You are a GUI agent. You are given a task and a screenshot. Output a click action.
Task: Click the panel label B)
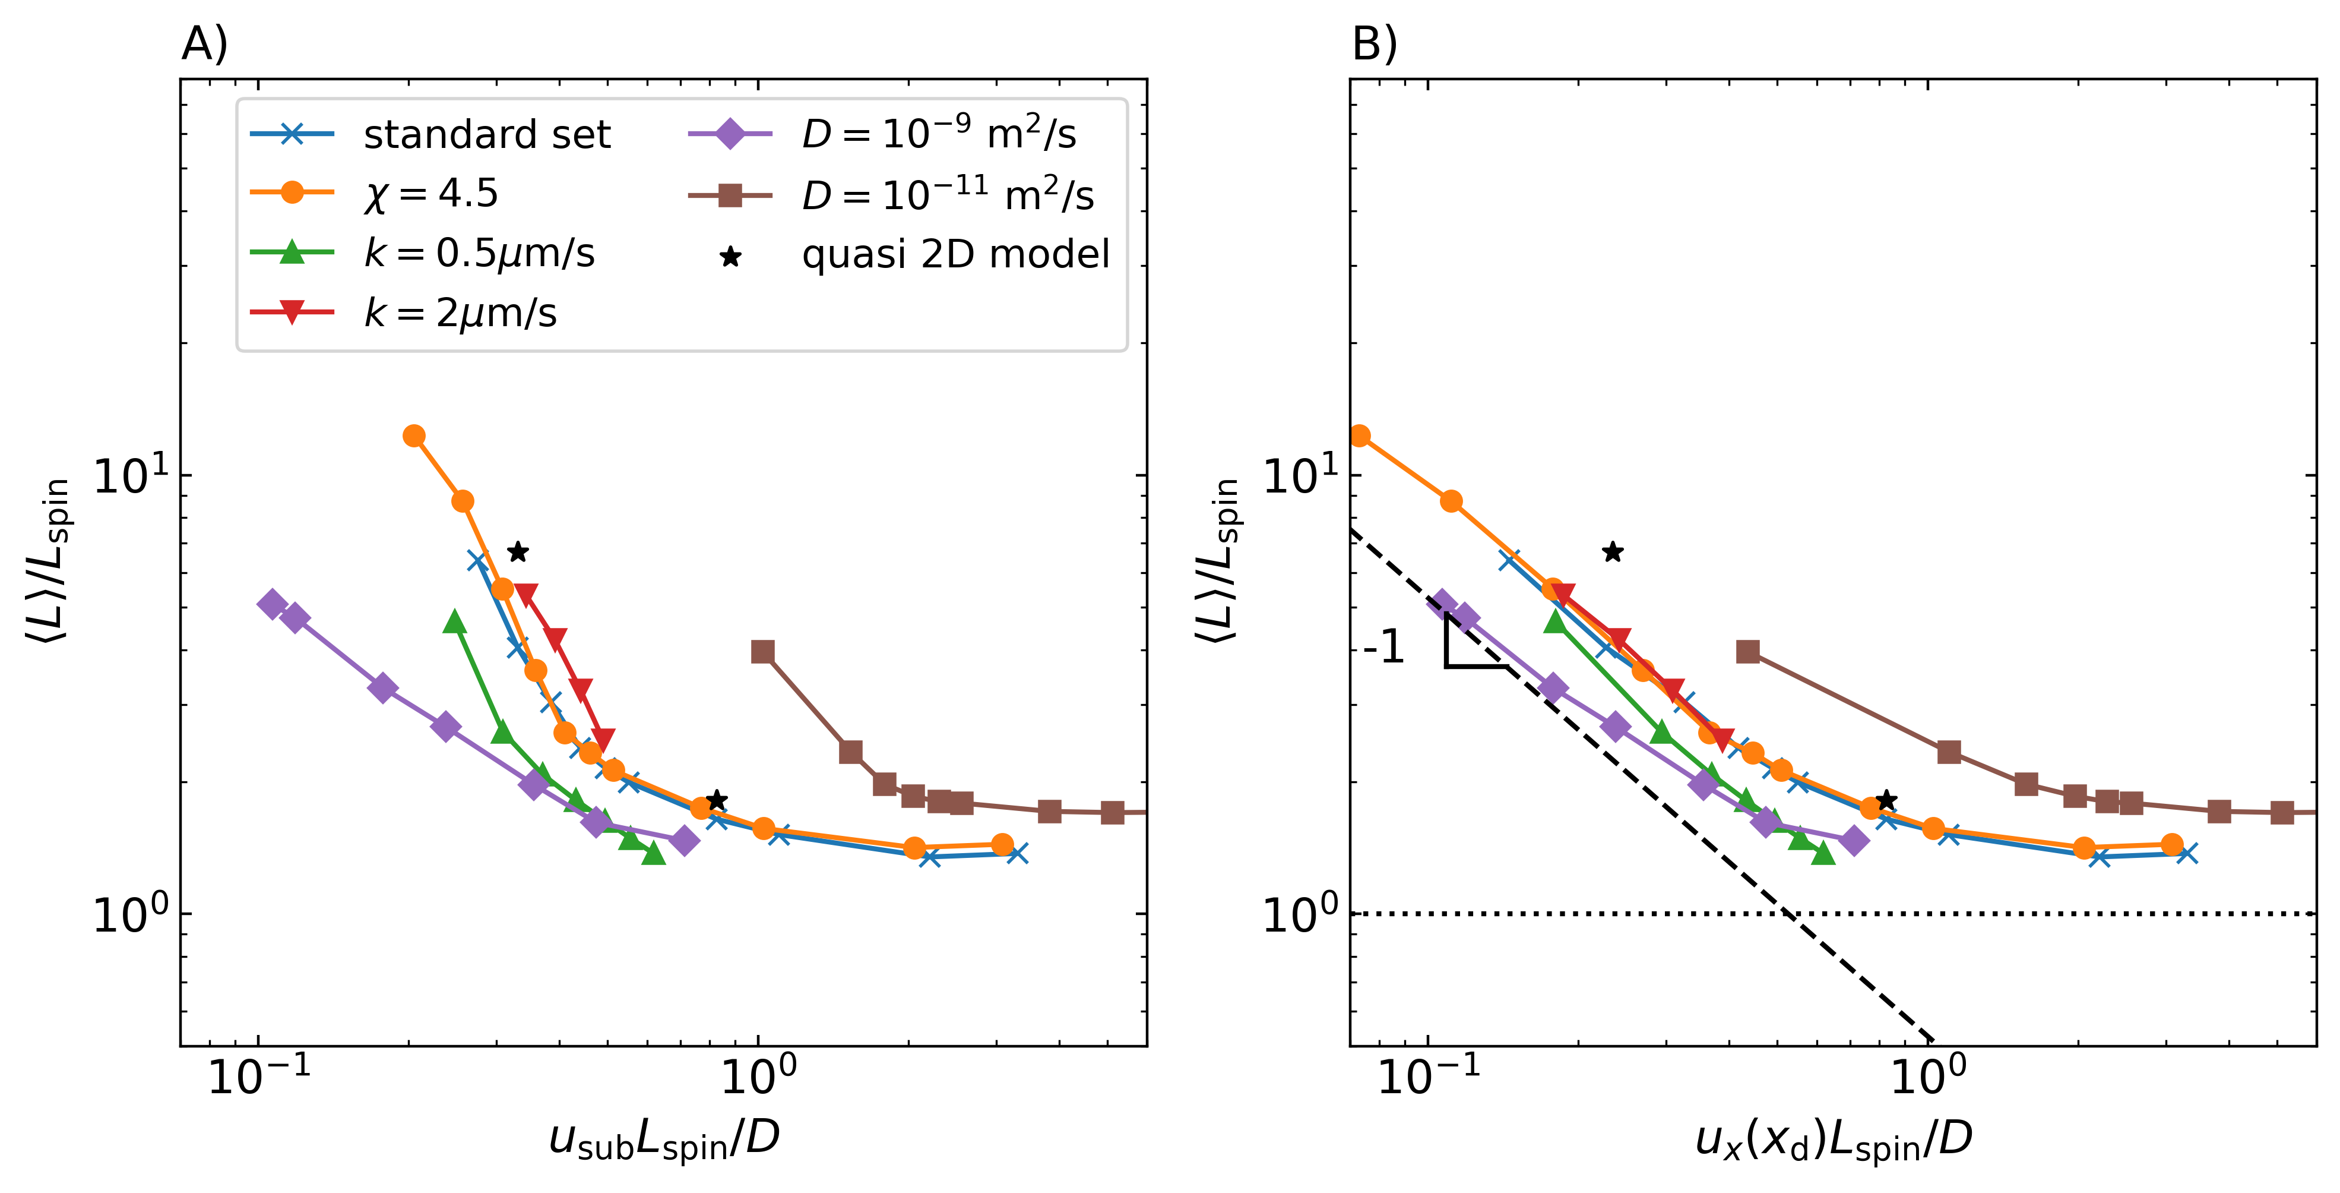1375,43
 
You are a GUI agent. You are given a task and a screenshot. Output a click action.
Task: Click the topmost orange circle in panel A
414,436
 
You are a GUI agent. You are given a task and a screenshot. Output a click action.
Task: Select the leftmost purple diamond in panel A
271,604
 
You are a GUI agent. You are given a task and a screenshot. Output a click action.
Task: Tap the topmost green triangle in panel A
455,621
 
